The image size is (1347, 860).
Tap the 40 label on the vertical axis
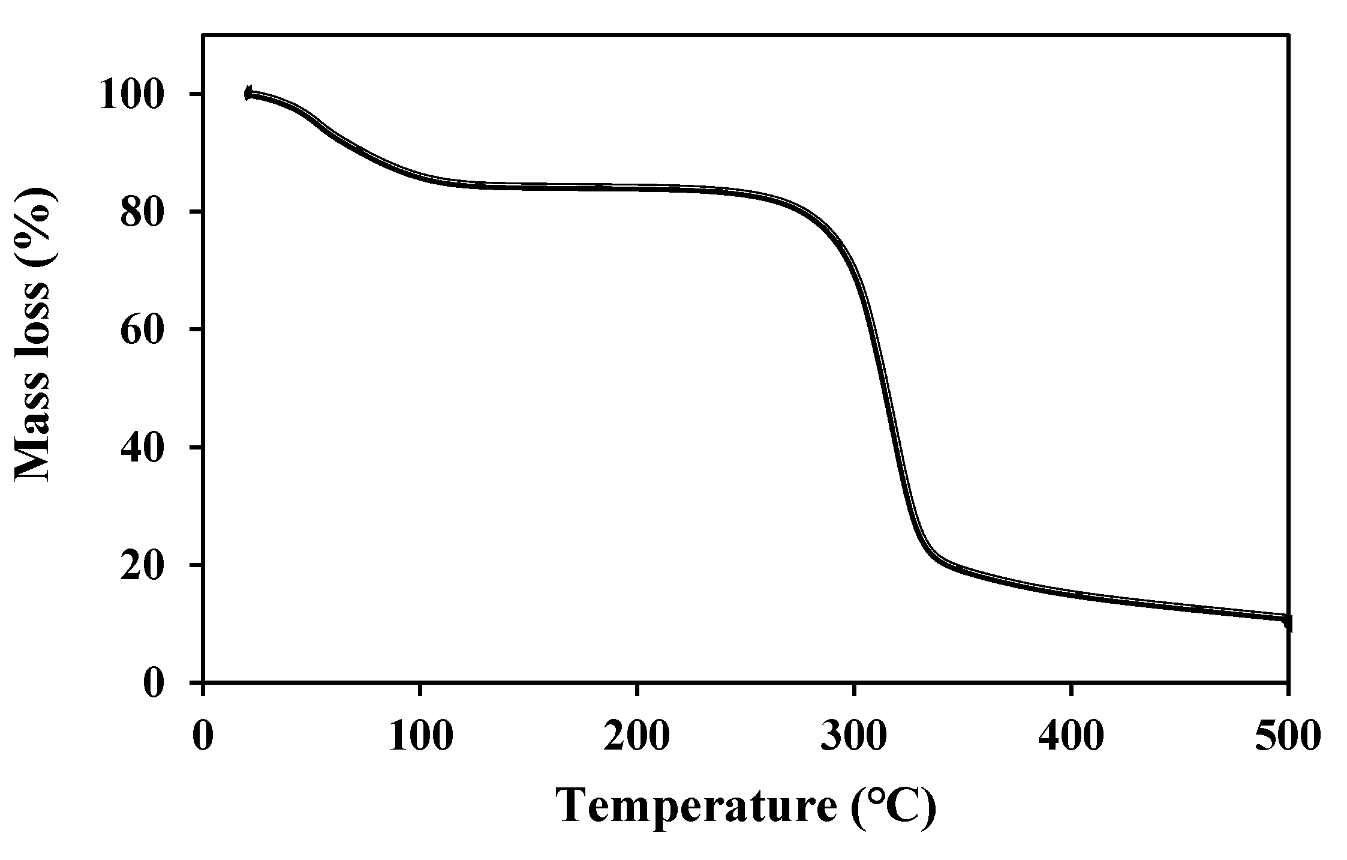click(x=143, y=448)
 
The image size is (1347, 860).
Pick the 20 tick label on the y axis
click(x=143, y=565)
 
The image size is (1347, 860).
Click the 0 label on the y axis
click(x=154, y=684)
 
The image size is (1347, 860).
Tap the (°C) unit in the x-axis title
click(x=893, y=806)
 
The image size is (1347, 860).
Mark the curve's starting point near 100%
click(x=248, y=93)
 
